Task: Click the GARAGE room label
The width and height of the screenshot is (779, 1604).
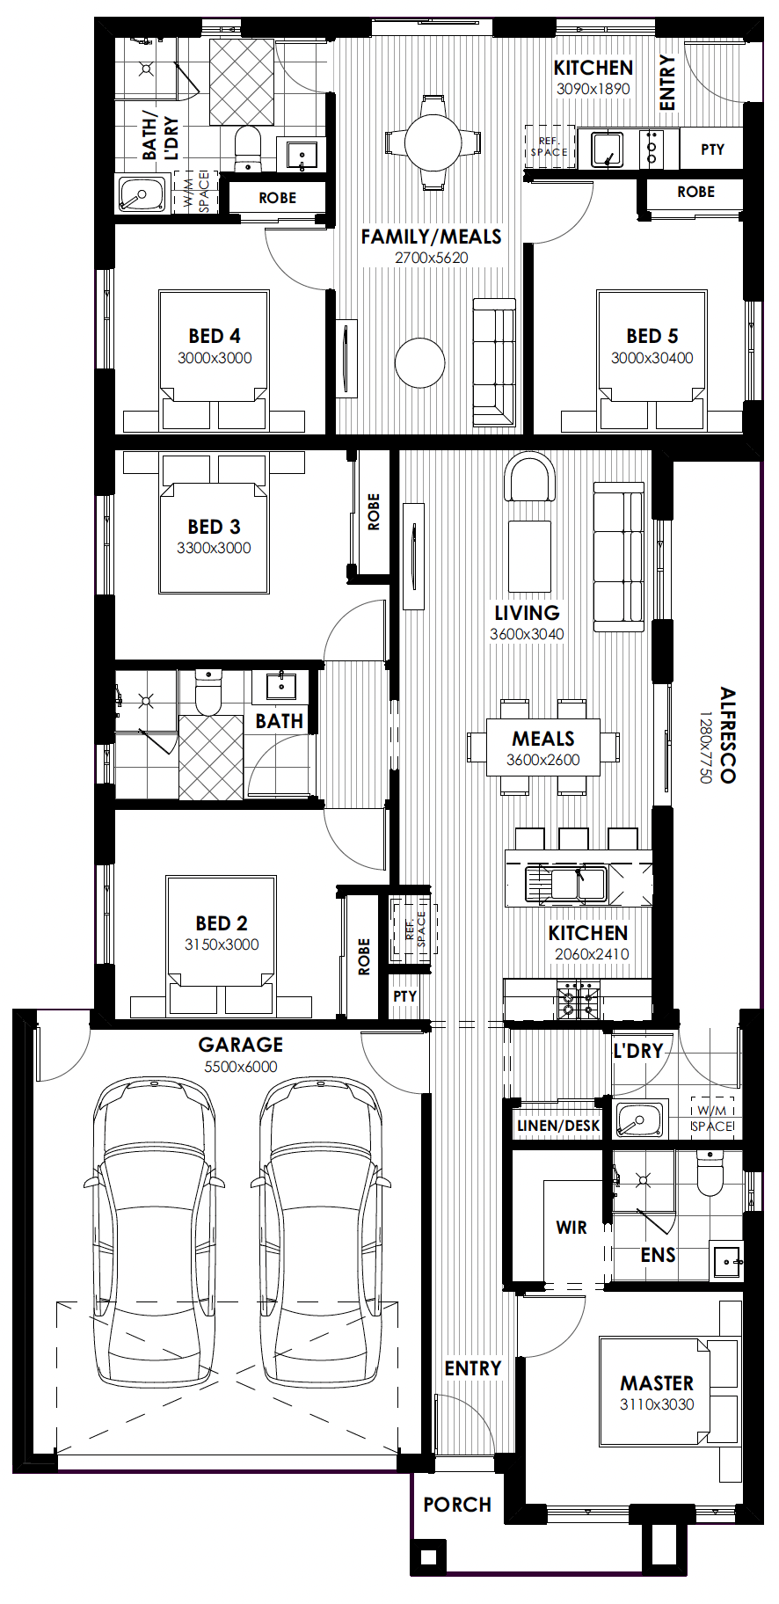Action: tap(240, 1045)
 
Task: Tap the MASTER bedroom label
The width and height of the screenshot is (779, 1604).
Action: tap(657, 1383)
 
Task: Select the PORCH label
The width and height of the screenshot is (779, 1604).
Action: tap(457, 1505)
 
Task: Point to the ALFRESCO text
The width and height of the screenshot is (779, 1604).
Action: tap(728, 735)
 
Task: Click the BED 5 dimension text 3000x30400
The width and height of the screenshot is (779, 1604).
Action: tap(652, 358)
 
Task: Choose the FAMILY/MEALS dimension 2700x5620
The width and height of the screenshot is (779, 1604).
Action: tap(432, 258)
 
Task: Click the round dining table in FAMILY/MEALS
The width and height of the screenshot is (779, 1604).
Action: tap(433, 142)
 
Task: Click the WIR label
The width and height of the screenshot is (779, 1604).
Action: tap(572, 1228)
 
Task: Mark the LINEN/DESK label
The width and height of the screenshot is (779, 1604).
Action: tap(558, 1126)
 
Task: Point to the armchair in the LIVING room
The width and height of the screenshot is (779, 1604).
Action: tap(529, 477)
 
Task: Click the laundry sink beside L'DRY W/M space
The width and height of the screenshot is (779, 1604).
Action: tap(637, 1120)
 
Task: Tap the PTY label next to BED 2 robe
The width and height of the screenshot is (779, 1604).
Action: tap(404, 996)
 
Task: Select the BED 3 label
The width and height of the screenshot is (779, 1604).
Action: tap(214, 527)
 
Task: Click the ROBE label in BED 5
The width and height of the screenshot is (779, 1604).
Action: tap(696, 192)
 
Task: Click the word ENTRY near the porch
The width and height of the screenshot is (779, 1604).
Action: tap(473, 1368)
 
